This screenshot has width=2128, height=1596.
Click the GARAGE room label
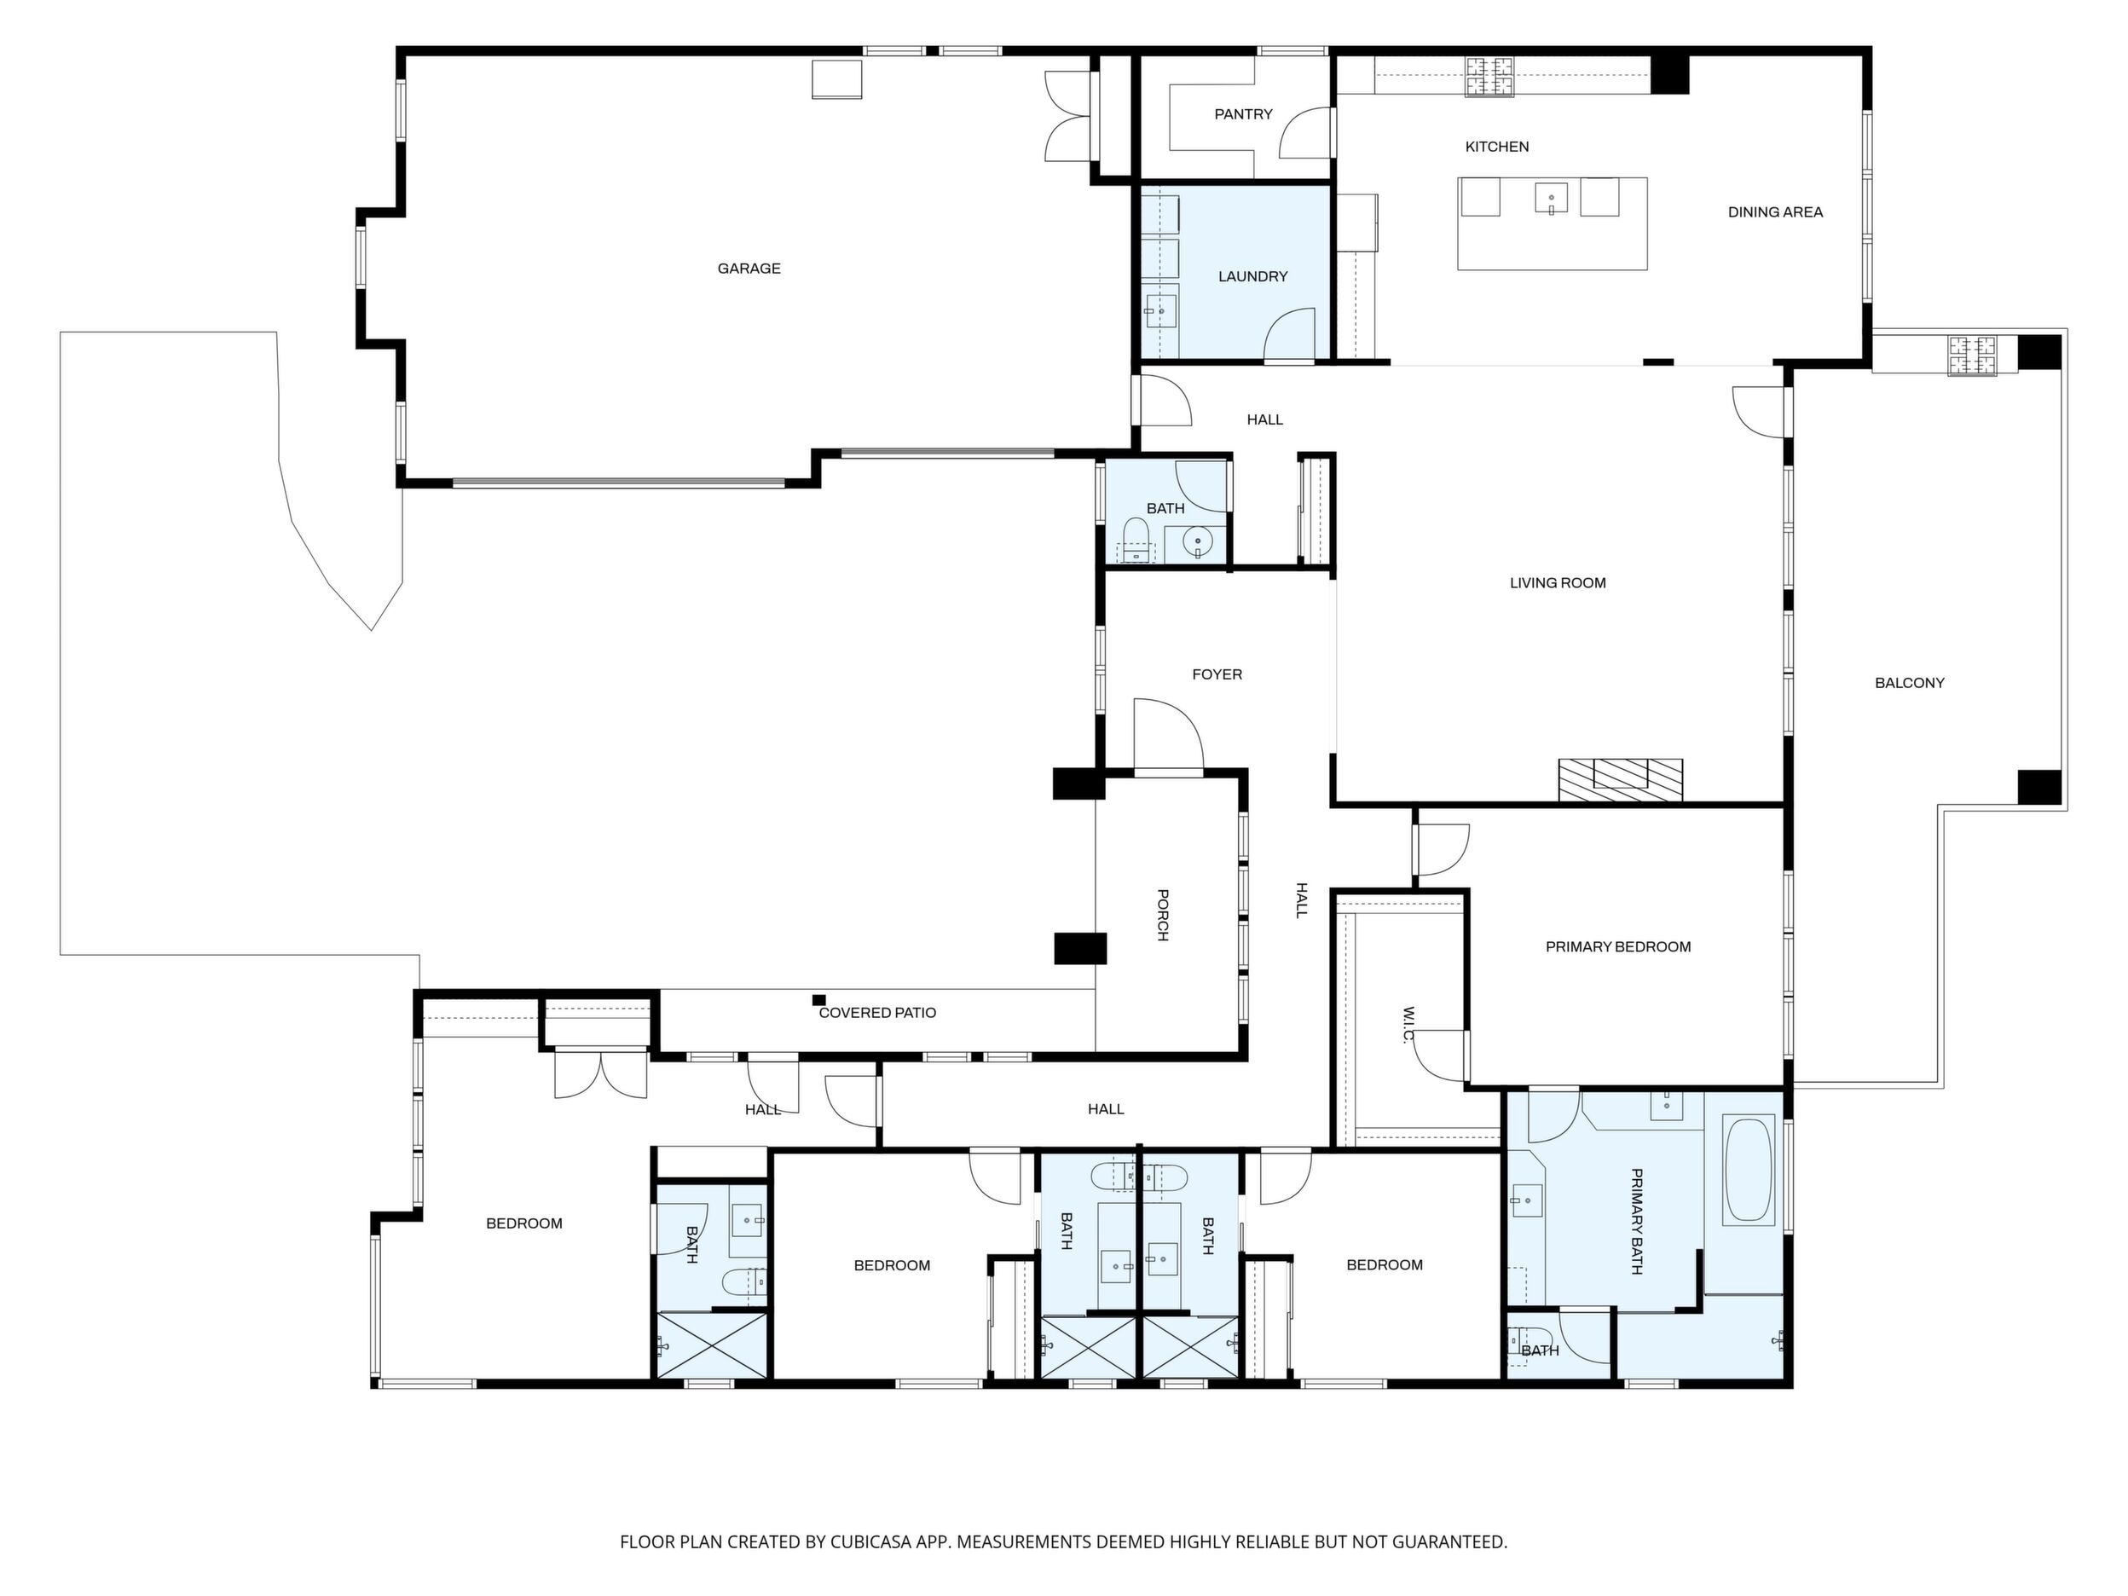749,269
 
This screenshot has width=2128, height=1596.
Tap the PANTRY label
1243,114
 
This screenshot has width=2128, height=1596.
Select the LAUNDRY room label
1252,277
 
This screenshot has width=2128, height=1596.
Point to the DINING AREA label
1775,212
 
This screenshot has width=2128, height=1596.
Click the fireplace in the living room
1621,779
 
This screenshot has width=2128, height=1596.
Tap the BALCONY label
1910,683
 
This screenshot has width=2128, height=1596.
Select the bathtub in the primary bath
1748,1170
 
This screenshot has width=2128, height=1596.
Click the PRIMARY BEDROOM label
1618,946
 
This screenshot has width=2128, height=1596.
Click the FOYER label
1217,674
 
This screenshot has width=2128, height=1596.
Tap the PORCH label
1162,915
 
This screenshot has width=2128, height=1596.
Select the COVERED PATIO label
877,1013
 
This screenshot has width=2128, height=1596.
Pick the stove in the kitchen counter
1489,76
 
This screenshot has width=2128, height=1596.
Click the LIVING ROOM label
1558,583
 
